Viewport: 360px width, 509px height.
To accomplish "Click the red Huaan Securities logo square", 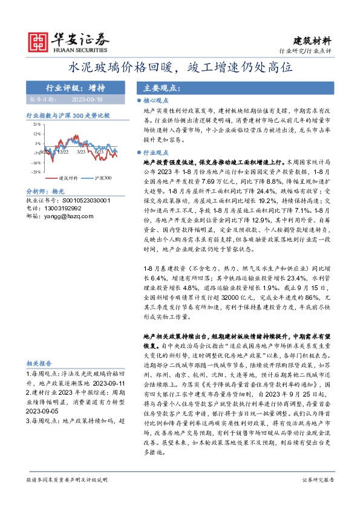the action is pos(40,42).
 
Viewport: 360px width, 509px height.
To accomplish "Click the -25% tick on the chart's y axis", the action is pos(37,172).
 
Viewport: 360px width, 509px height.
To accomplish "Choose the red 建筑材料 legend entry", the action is pos(65,179).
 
